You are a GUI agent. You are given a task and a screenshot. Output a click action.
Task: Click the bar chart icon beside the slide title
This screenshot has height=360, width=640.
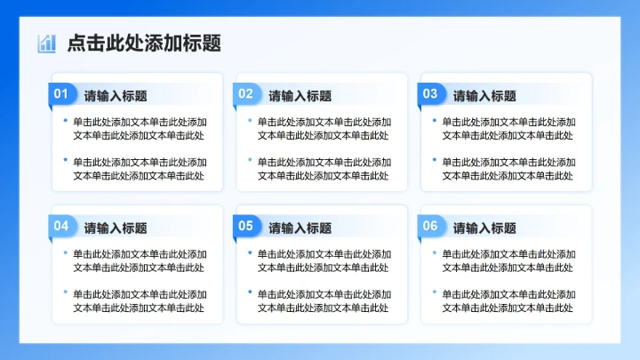coord(46,44)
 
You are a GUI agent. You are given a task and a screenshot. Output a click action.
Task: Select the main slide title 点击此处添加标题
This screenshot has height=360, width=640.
coord(143,43)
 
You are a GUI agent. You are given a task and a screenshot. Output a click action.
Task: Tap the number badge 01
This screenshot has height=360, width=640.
coord(61,94)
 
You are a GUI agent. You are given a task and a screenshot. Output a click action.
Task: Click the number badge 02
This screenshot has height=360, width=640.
coord(246,94)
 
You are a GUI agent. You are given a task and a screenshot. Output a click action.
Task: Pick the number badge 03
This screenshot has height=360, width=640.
coord(430,94)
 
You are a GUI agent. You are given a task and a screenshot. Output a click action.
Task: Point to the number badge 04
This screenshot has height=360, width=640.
coord(61,226)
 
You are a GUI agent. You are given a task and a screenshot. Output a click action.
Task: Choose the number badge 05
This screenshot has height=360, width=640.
coord(246,226)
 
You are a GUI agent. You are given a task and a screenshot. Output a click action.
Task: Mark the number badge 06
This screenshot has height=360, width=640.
coord(430,226)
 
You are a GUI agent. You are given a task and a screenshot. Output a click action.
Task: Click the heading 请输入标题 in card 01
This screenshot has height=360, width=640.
coord(116,96)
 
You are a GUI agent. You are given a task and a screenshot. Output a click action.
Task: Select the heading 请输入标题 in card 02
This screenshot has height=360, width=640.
coord(300,96)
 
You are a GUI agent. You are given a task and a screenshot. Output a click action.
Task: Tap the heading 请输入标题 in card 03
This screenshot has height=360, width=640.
coord(484,96)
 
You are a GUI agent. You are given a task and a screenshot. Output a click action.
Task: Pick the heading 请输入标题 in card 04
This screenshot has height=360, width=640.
coord(116,228)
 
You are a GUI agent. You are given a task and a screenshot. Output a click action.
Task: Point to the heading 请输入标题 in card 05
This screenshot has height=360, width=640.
coord(300,228)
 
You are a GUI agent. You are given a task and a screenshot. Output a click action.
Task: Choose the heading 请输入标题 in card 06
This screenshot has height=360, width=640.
coord(484,228)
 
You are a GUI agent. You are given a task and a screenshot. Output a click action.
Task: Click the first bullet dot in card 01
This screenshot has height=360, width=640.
coord(65,119)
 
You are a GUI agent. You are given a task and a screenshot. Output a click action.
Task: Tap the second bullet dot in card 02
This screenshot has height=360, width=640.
coord(250,159)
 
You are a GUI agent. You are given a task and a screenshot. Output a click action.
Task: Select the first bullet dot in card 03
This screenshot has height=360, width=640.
coord(434,119)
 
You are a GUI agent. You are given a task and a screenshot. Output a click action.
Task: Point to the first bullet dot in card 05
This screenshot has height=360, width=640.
coord(250,251)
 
